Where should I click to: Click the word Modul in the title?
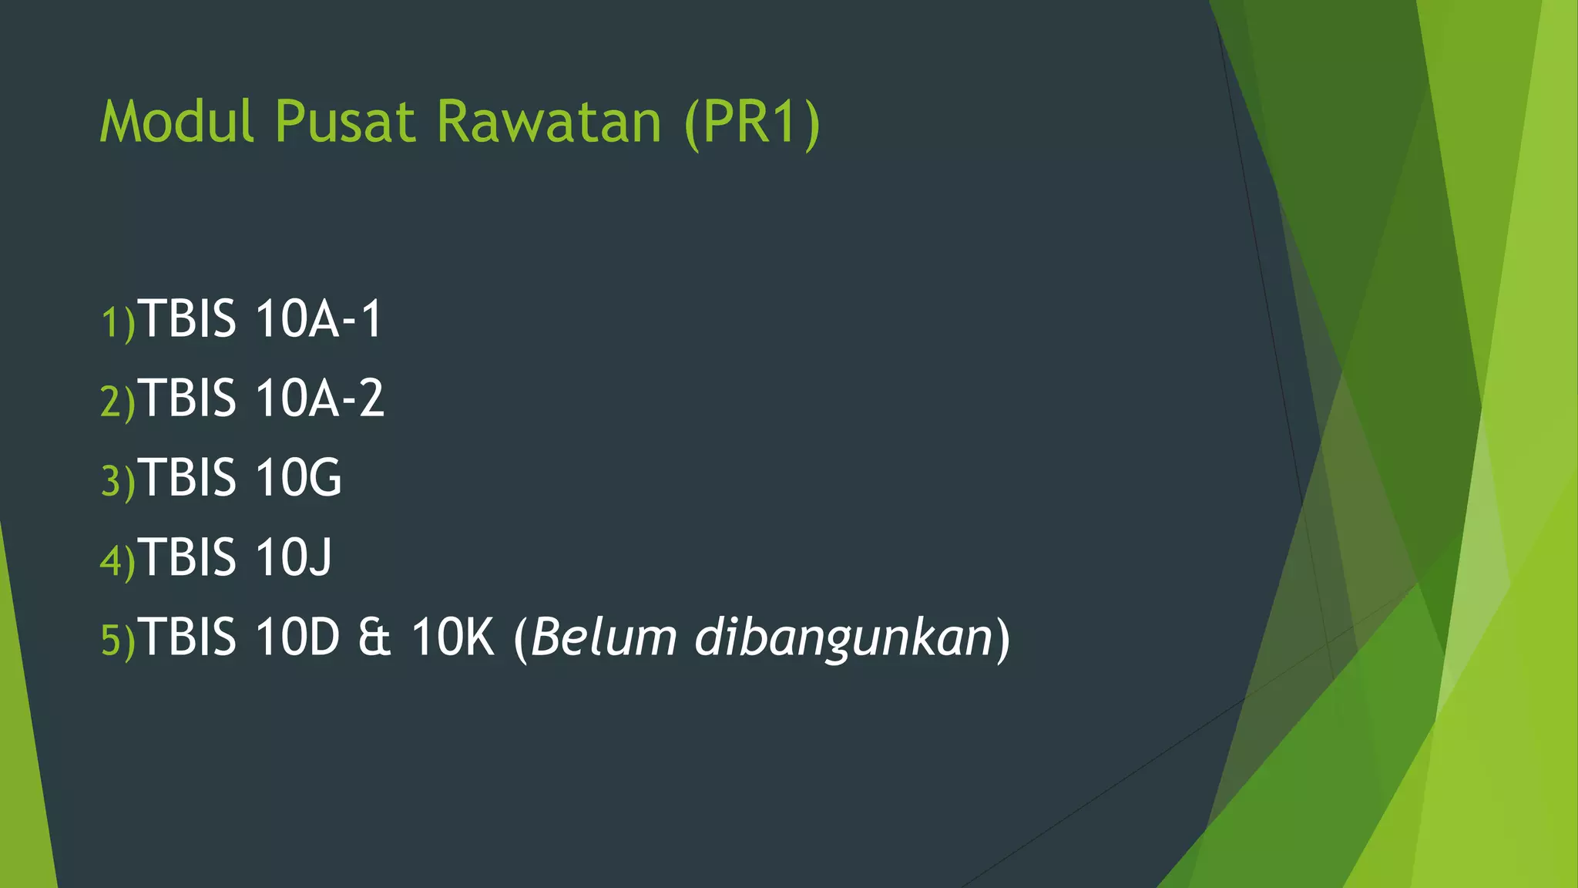[x=177, y=122]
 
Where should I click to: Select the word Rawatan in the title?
[x=549, y=122]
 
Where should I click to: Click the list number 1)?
[x=118, y=322]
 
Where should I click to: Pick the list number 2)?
[x=118, y=402]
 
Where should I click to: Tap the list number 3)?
[x=118, y=481]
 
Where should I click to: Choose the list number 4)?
[x=118, y=560]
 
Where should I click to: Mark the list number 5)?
[x=118, y=640]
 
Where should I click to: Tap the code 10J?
[x=294, y=557]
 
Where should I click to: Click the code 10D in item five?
[x=297, y=637]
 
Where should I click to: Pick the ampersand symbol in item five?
[x=374, y=637]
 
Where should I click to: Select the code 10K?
[x=452, y=637]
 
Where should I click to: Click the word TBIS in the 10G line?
[x=189, y=477]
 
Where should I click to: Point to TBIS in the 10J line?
[x=189, y=557]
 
